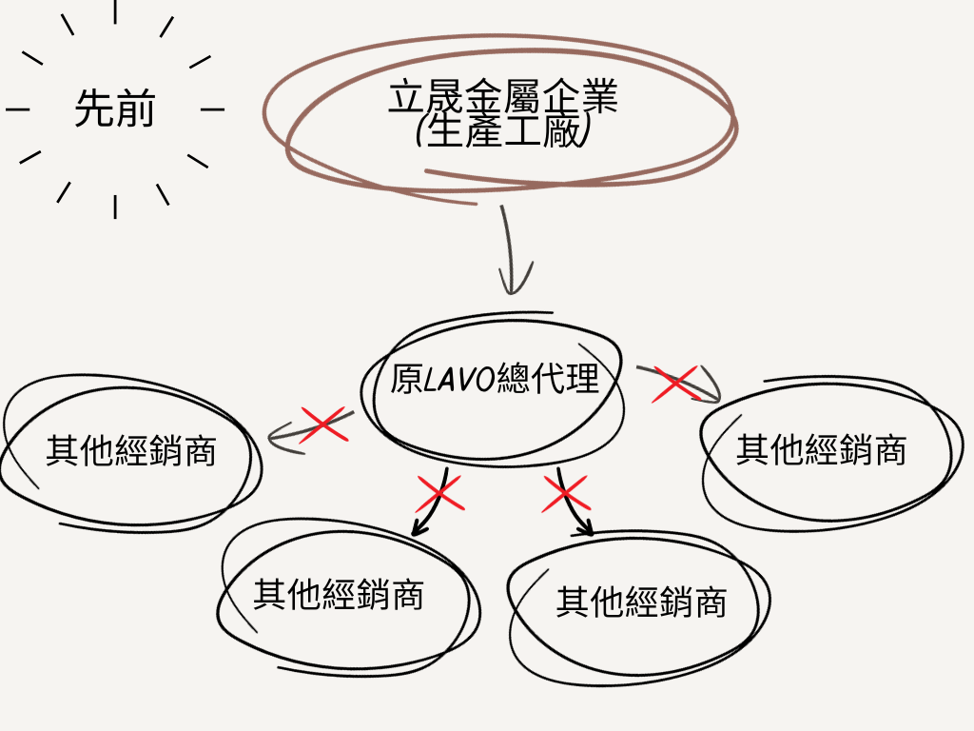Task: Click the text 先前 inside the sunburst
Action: point(114,110)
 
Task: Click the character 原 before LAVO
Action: point(406,379)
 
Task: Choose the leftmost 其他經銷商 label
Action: point(131,450)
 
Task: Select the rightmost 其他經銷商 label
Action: point(821,448)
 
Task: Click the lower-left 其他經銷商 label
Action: point(338,595)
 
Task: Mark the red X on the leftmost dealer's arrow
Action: point(322,424)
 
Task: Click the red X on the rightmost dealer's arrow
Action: point(675,384)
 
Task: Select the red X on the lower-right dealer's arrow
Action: point(567,493)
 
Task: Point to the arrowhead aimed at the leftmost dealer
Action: point(277,438)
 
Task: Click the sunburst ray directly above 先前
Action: point(115,11)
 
